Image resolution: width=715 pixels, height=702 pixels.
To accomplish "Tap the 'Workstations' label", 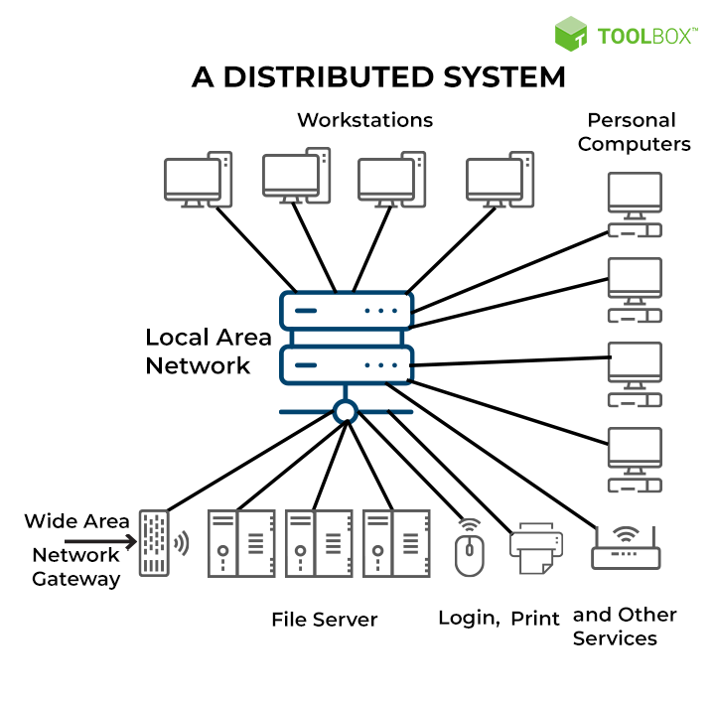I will coord(364,120).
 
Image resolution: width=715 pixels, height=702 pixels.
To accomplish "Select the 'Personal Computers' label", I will coord(634,132).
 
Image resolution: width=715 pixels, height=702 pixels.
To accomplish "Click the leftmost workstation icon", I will coord(197,180).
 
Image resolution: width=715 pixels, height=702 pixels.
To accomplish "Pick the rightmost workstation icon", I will coord(500,180).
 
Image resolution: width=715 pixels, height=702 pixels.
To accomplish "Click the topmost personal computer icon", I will coord(635,205).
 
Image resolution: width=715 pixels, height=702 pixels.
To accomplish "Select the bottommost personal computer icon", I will coord(635,460).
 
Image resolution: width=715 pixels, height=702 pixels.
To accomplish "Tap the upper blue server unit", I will coord(346,311).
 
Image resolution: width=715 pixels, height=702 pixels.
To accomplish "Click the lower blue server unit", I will coord(346,364).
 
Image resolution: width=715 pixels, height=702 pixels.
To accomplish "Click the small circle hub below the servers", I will coord(346,411).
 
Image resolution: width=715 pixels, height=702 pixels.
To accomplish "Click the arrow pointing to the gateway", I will coord(99,541).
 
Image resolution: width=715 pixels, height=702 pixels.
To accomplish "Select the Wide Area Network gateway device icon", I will coord(154,543).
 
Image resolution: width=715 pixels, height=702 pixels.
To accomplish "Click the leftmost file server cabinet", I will coord(239,543).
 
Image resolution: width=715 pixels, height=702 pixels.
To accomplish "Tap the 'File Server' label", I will coord(325,620).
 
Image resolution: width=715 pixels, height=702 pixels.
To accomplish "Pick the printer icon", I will coord(536,549).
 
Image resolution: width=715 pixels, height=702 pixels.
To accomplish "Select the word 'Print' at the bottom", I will coord(535,619).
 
